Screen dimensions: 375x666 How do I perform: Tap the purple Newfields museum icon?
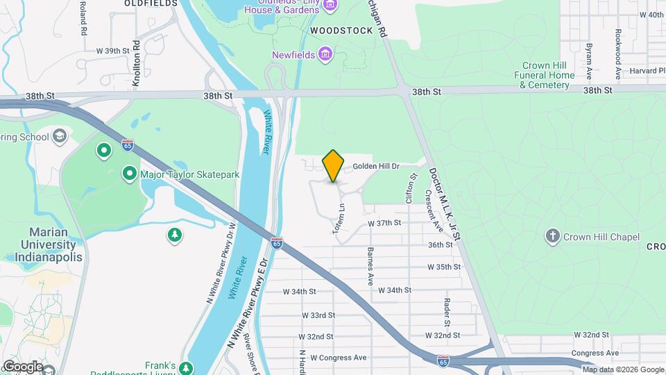[325, 54]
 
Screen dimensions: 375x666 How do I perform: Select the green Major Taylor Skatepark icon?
[129, 174]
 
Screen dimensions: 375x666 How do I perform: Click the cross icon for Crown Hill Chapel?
[552, 237]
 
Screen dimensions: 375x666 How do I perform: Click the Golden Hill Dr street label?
[377, 167]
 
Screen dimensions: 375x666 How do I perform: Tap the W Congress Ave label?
[338, 358]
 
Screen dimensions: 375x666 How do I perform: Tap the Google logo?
[22, 366]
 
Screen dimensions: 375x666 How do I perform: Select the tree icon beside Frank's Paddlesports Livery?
[185, 367]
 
